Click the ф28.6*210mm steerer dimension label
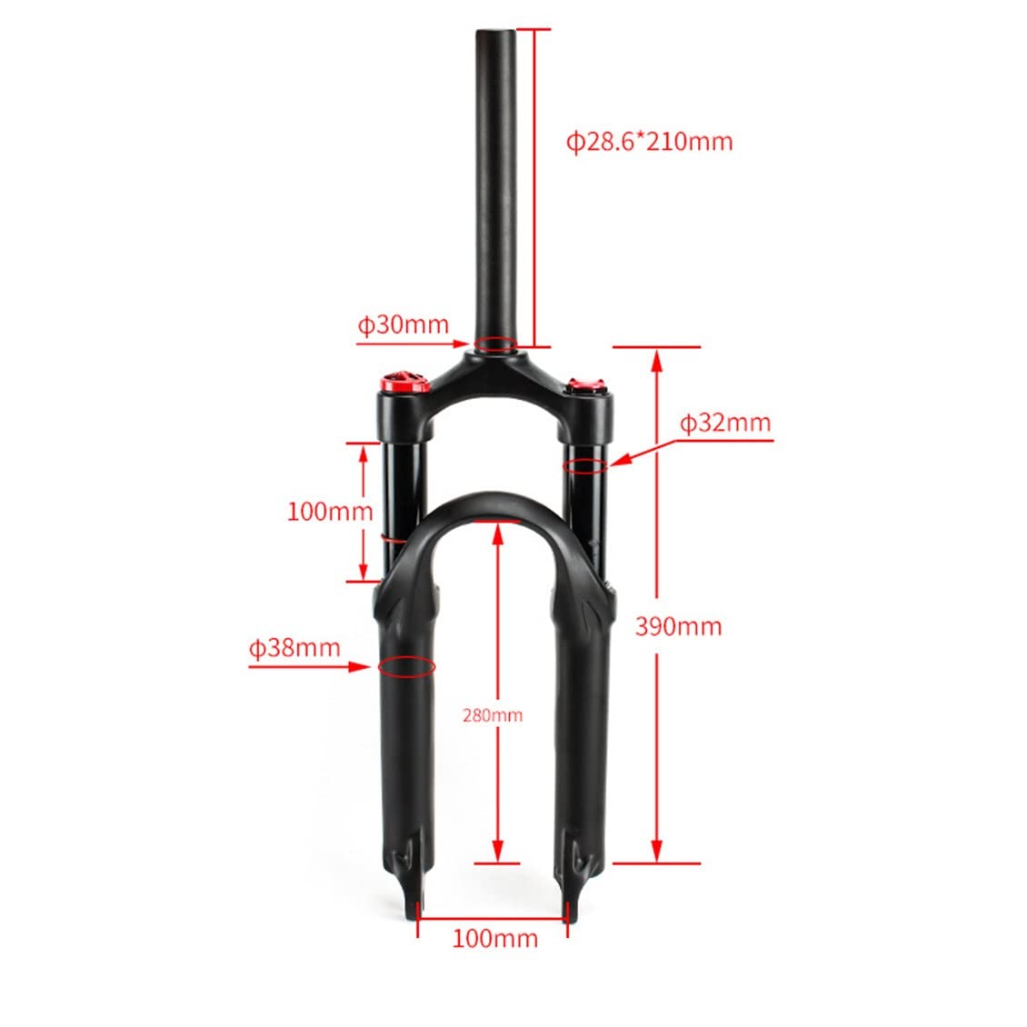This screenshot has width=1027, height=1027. [x=649, y=142]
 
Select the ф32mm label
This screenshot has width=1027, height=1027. [x=725, y=423]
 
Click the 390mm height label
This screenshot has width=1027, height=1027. [x=678, y=626]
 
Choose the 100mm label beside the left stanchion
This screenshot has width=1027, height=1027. [x=330, y=511]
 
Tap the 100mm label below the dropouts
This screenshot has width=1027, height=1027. [x=494, y=938]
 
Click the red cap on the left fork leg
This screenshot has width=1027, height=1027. [x=402, y=380]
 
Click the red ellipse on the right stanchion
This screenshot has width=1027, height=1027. [x=584, y=466]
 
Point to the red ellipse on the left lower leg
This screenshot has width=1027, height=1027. [x=405, y=666]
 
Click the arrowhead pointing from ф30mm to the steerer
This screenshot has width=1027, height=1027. [x=464, y=344]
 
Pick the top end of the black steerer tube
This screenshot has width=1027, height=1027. [x=496, y=33]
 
